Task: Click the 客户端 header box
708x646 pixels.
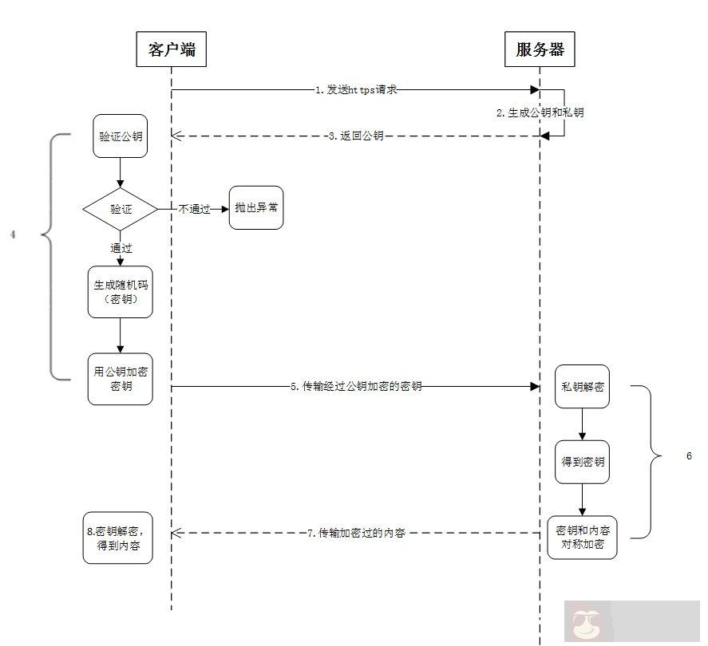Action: tap(172, 49)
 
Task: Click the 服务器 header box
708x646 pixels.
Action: tap(540, 49)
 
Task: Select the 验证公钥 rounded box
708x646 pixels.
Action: tap(120, 136)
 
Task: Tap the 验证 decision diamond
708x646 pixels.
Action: tap(121, 209)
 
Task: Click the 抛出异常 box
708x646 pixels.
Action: tap(256, 207)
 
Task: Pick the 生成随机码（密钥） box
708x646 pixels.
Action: tap(120, 292)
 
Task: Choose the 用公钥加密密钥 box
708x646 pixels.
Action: tap(120, 379)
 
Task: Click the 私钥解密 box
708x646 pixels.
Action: tap(582, 387)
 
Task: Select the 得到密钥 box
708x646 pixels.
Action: tap(582, 462)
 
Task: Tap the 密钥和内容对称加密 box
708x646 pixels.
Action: tap(582, 538)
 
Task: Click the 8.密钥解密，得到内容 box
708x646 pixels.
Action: tap(118, 538)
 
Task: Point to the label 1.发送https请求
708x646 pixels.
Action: tap(356, 90)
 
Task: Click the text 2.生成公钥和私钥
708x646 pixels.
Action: tap(540, 112)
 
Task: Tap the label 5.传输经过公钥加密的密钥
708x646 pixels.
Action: tap(356, 387)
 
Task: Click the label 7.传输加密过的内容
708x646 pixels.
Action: tap(356, 532)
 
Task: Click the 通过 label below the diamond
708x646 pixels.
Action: tap(121, 248)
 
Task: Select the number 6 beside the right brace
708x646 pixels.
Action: tap(689, 456)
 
